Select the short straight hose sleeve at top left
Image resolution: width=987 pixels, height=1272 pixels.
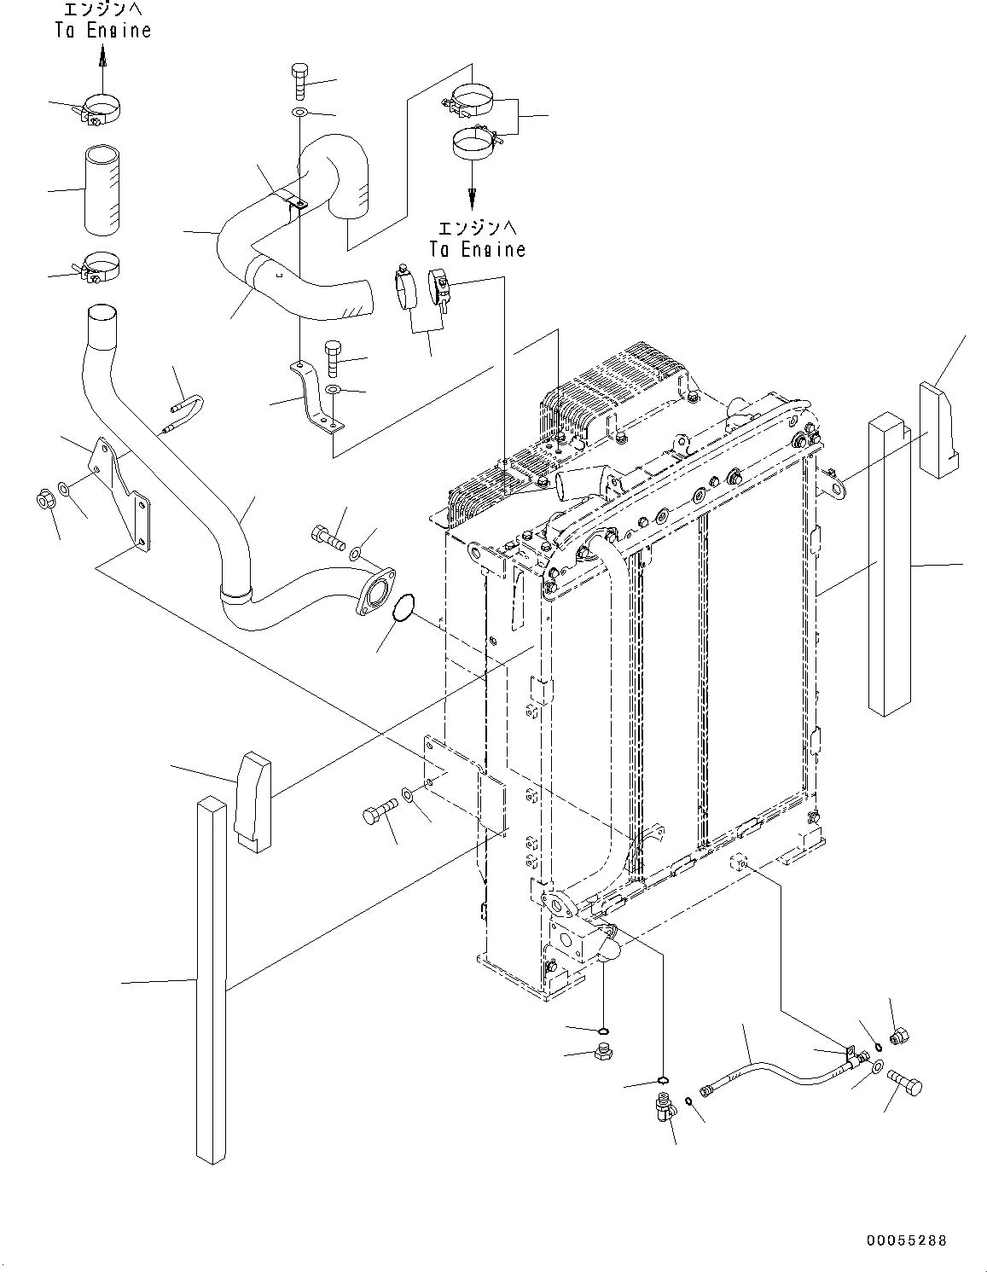pyautogui.click(x=102, y=189)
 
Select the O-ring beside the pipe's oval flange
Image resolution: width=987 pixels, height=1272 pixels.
pyautogui.click(x=404, y=608)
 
